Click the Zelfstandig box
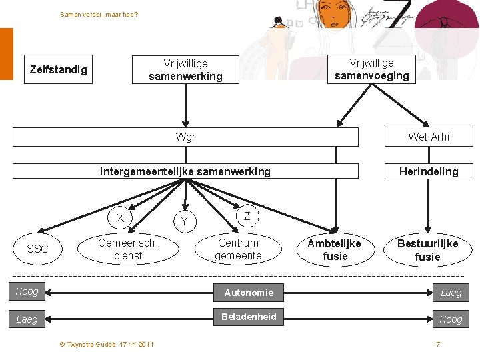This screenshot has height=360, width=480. click(x=59, y=69)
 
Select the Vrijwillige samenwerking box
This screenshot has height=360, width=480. click(x=185, y=70)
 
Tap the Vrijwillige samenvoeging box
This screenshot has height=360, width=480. click(x=371, y=69)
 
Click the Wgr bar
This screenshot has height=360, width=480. click(x=185, y=137)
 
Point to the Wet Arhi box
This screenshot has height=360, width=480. click(x=429, y=137)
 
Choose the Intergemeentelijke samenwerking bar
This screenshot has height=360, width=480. click(x=185, y=171)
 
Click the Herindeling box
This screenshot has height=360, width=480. click(x=429, y=171)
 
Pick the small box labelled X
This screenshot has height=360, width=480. click(x=120, y=218)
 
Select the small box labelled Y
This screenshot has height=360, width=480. click(x=185, y=221)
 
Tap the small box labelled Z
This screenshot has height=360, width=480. click(x=247, y=216)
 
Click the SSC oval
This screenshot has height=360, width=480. click(x=37, y=249)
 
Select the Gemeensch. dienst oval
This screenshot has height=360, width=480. click(x=128, y=249)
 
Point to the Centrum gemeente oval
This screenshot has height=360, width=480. click(x=239, y=249)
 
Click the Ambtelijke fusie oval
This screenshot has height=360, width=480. click(x=335, y=249)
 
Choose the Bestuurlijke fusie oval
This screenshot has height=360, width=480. click(x=427, y=249)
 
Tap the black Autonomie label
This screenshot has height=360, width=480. click(x=249, y=292)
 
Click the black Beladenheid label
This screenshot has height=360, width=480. click(x=249, y=317)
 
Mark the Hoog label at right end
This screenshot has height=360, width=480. click(x=451, y=319)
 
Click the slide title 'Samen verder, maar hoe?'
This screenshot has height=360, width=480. click(x=99, y=14)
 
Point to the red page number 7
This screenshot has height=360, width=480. click(x=438, y=344)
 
